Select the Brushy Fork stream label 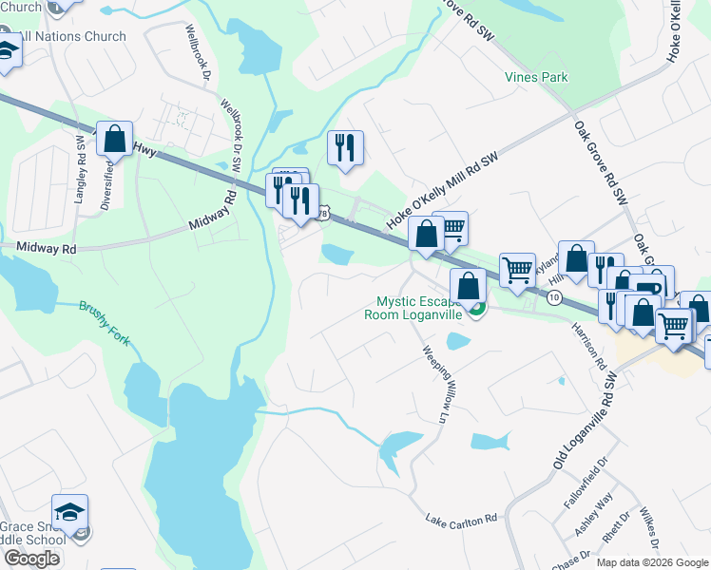click(109, 323)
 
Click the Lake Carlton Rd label click(462, 520)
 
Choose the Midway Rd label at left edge click(45, 248)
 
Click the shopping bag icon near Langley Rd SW click(114, 139)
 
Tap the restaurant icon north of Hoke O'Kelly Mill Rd click(343, 147)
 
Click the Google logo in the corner click(32, 559)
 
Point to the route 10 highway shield click(554, 298)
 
